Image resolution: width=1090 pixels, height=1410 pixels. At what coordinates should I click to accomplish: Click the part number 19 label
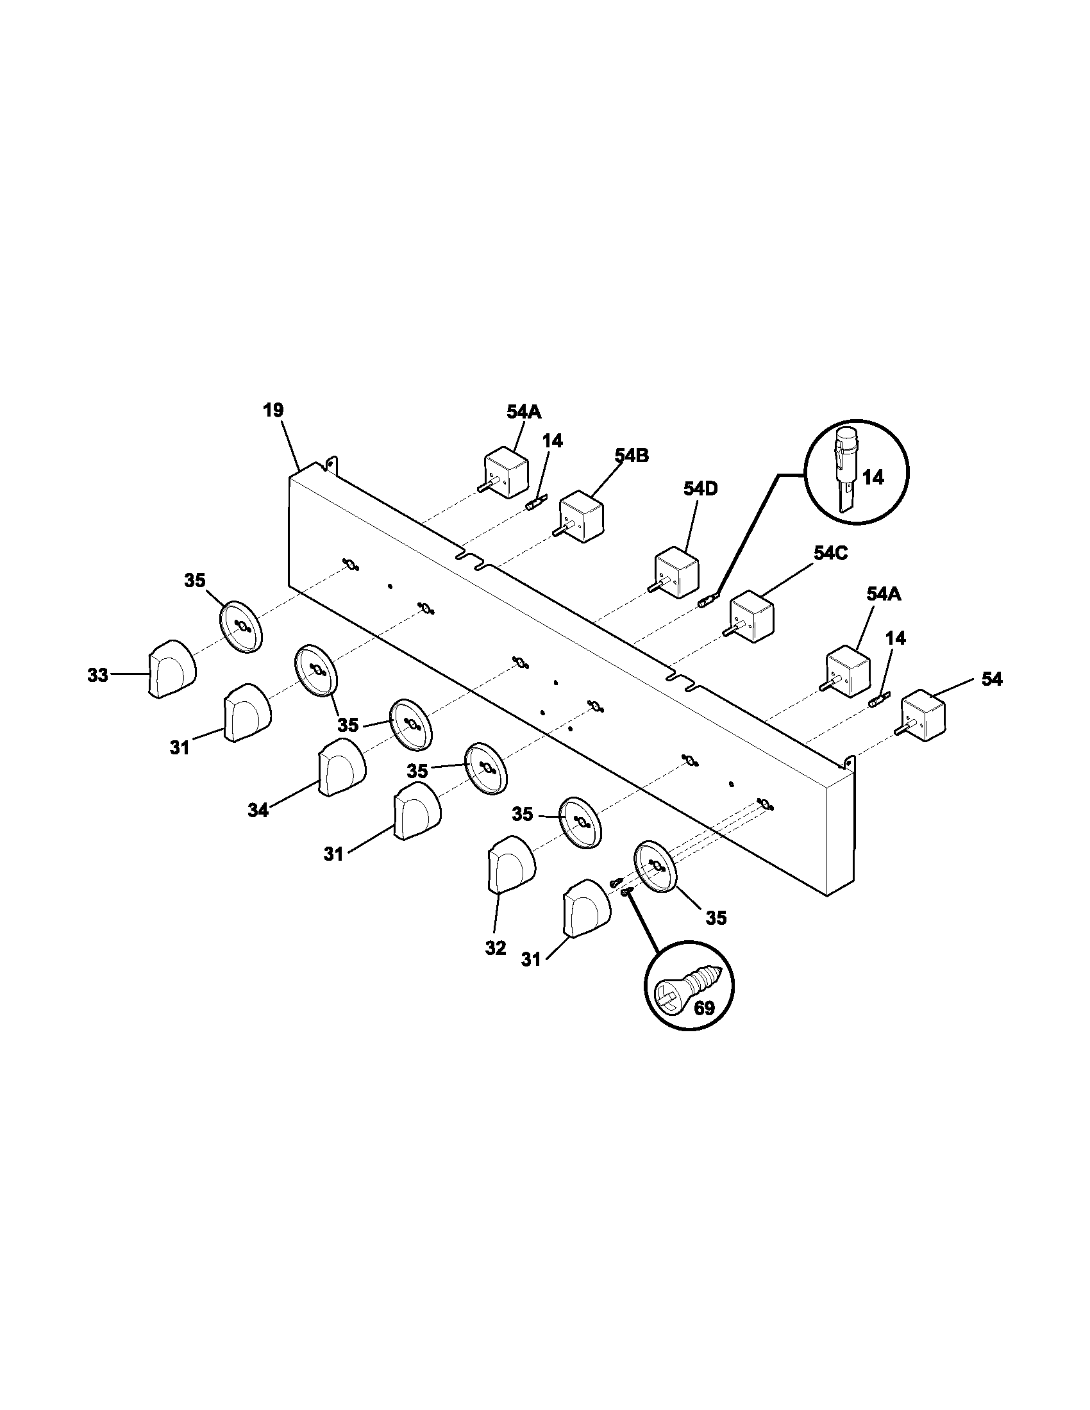[274, 411]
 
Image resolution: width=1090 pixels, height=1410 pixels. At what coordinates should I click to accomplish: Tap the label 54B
[632, 456]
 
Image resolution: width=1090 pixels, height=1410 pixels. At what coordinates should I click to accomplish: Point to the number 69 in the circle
[704, 1008]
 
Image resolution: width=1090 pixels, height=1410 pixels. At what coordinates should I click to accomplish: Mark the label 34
[258, 811]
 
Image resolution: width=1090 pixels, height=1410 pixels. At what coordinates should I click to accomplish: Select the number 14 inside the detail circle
[873, 477]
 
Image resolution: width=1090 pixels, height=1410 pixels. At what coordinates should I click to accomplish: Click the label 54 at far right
[993, 679]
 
